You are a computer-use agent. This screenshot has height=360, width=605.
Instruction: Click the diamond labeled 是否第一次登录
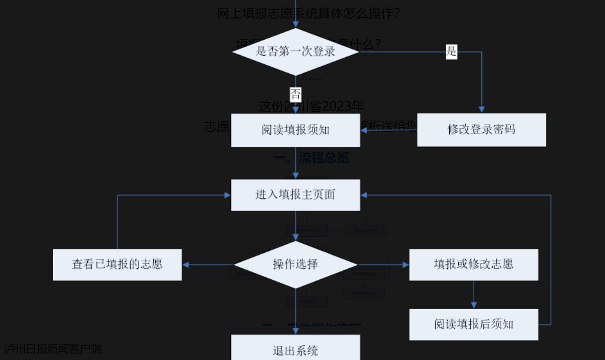[295, 52]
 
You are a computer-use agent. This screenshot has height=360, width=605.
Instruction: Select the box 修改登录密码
[481, 130]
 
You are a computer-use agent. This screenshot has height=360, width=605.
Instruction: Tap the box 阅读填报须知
[295, 130]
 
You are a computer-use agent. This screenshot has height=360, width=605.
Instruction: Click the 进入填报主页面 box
[295, 195]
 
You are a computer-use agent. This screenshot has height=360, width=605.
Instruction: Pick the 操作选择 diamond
[295, 264]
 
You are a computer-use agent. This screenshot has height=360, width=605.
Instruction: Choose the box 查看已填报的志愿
[117, 264]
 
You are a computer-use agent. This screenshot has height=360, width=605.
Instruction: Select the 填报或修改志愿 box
[474, 264]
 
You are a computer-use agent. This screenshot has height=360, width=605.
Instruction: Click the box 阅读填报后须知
[474, 324]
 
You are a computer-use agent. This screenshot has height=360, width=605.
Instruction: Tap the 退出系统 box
[295, 350]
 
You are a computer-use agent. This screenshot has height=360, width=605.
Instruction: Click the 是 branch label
[451, 51]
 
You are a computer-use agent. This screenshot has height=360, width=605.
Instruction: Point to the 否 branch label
[295, 94]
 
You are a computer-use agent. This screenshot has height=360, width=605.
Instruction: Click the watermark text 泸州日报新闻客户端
[53, 348]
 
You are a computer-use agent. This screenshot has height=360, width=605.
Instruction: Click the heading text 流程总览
[324, 158]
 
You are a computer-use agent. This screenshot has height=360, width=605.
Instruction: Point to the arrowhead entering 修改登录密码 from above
[481, 109]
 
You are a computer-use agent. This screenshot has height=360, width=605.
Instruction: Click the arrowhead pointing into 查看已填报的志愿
[186, 264]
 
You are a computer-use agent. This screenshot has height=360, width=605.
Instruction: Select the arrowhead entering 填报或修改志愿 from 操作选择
[406, 264]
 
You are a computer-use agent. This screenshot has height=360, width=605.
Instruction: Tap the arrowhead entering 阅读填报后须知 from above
[474, 305]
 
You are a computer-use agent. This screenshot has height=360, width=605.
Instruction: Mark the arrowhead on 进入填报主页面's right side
[364, 195]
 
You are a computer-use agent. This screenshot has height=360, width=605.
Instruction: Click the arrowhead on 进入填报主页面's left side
[227, 195]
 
